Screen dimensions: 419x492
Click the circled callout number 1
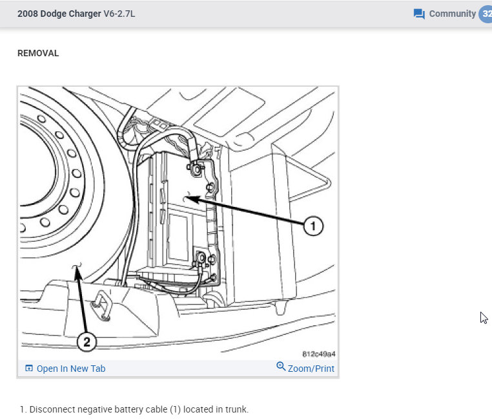[313, 226]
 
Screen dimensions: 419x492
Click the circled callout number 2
[87, 341]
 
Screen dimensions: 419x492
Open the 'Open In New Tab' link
[70, 369]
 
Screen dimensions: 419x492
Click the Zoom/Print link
[311, 369]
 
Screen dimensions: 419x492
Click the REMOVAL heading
[38, 54]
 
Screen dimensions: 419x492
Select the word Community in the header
[452, 14]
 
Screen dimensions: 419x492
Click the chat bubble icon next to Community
[419, 14]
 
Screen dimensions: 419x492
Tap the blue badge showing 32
[486, 14]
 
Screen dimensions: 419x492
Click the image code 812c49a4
[318, 354]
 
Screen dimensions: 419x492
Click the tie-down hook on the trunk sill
[102, 302]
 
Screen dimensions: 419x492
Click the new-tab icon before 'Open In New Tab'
[28, 369]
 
